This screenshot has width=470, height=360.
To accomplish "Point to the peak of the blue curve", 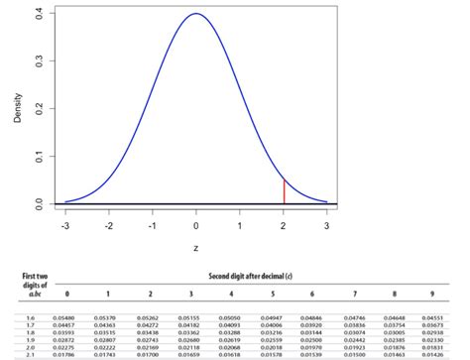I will click(196, 14).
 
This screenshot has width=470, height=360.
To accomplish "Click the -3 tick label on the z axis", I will click(65, 225).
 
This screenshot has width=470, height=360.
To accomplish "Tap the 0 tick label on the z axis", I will click(196, 225).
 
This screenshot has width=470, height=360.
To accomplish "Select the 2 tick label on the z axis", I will click(284, 225).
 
